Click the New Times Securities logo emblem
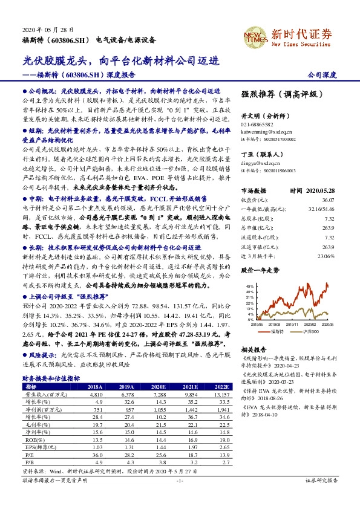coord(253,38)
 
